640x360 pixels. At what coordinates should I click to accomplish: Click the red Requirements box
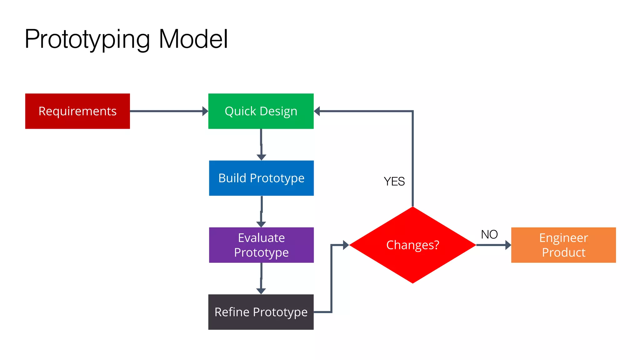[x=77, y=111]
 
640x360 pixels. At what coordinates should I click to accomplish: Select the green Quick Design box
[x=261, y=111]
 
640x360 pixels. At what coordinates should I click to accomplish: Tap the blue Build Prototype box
[x=261, y=178]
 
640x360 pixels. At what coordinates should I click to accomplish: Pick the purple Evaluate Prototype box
[x=261, y=245]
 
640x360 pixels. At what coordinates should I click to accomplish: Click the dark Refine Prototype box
[x=261, y=312]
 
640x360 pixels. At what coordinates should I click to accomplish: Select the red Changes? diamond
[x=412, y=245]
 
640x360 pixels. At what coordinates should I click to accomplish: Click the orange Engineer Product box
[x=563, y=245]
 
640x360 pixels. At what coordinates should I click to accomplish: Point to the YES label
[x=394, y=182]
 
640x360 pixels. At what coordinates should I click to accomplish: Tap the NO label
[x=489, y=234]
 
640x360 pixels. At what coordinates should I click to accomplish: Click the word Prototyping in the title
[x=87, y=39]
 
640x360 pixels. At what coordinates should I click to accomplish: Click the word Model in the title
[x=193, y=39]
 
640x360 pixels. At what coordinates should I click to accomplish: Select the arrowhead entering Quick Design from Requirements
[x=205, y=111]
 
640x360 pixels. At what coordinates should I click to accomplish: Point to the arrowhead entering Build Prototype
[x=261, y=157]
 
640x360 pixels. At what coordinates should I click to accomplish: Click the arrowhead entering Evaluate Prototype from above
[x=261, y=224]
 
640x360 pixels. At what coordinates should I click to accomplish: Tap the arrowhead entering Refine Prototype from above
[x=261, y=291]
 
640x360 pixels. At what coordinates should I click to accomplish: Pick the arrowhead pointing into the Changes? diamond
[x=346, y=245]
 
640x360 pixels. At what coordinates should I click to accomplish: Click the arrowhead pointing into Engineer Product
[x=508, y=245]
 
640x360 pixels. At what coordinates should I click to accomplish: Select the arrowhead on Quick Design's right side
[x=317, y=111]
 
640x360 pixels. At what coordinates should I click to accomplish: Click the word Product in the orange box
[x=563, y=252]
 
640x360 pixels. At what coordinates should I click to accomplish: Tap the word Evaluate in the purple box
[x=261, y=238]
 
